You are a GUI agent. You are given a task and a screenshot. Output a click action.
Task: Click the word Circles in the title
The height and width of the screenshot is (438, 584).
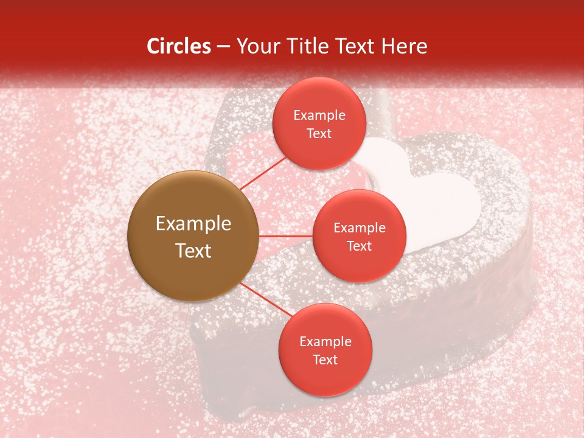[178, 46]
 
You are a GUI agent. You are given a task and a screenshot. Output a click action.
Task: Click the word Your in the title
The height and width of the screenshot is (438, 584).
[258, 46]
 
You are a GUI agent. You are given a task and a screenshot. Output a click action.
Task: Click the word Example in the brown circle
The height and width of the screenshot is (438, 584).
[193, 224]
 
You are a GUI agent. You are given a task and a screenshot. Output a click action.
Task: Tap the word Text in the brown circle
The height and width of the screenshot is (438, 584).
[193, 251]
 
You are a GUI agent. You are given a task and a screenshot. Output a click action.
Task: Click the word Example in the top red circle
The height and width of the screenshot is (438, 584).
[319, 116]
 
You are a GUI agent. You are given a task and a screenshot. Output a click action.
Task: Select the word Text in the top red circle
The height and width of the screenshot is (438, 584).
[319, 134]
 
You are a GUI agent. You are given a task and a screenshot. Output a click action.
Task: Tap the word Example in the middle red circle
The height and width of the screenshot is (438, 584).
[359, 228]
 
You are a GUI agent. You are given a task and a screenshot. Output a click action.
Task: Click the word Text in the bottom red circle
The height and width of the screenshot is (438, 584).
[325, 360]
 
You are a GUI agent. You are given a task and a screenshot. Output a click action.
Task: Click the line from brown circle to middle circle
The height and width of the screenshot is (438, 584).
[285, 236]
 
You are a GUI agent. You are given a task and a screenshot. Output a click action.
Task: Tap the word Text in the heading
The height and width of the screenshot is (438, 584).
[355, 46]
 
